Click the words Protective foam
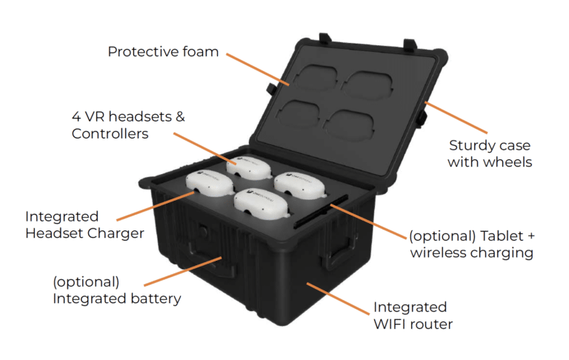click(x=163, y=52)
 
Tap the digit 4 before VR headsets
click(x=76, y=117)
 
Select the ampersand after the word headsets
click(x=180, y=117)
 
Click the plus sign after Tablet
click(x=531, y=236)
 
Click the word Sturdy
click(x=469, y=145)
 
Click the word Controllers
click(x=110, y=134)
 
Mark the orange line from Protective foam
click(x=258, y=70)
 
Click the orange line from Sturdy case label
click(x=456, y=118)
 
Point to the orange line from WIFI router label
click(x=338, y=299)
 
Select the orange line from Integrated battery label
click(x=183, y=271)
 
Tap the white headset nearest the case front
click(x=261, y=204)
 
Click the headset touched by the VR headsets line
click(x=249, y=168)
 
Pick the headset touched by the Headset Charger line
click(x=210, y=183)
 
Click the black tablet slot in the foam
click(x=321, y=212)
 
